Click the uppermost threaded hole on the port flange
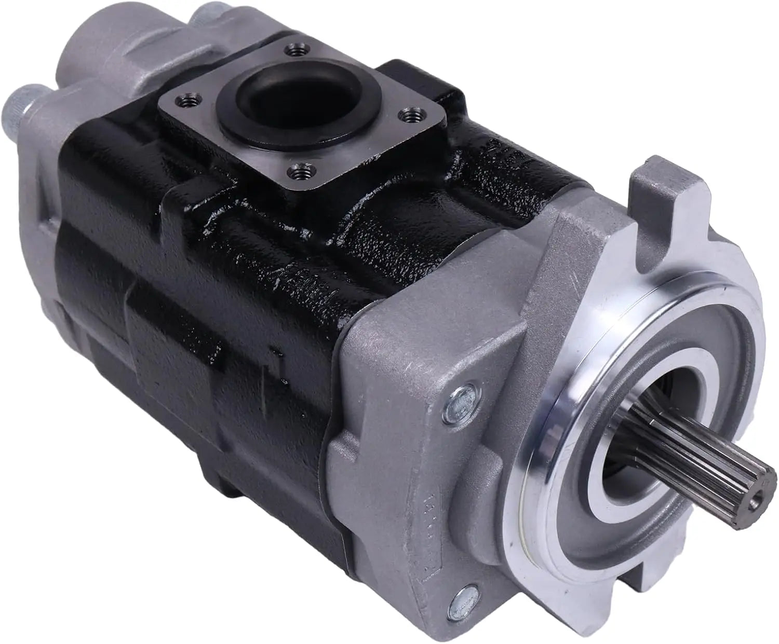[291, 50]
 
